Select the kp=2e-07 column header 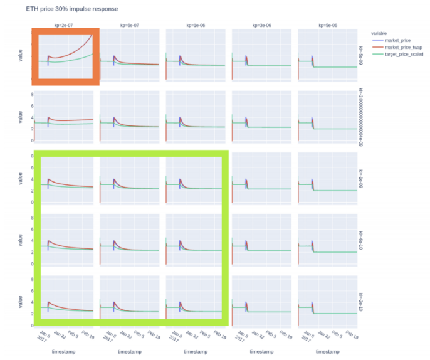(x=65, y=25)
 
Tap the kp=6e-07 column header (x=130, y=25)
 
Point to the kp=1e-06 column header (x=196, y=25)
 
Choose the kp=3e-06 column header (x=261, y=25)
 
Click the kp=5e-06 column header (x=327, y=25)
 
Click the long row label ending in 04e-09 (x=362, y=118)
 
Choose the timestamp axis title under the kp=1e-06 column (x=196, y=352)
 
